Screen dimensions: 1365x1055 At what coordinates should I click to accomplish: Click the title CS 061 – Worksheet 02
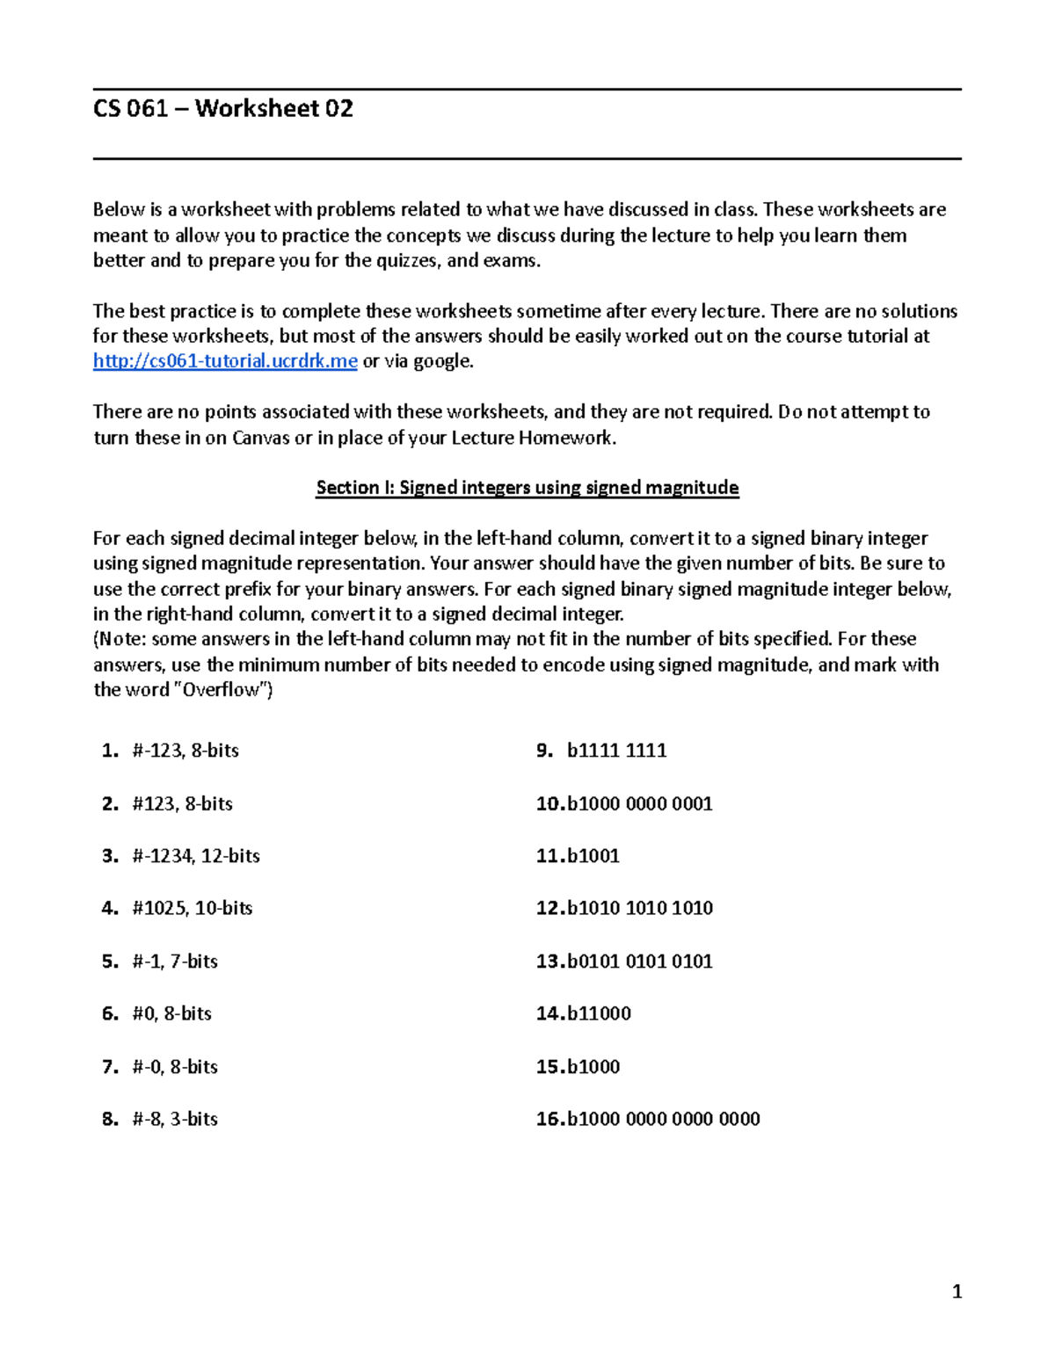click(223, 109)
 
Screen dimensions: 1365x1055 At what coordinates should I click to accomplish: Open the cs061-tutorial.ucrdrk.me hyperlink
click(225, 361)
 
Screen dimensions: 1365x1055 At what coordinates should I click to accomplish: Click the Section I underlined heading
click(527, 488)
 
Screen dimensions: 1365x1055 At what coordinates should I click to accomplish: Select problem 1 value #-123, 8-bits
click(186, 751)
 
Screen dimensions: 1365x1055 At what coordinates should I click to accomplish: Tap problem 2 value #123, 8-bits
click(182, 803)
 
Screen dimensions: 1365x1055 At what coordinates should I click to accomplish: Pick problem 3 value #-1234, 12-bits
click(196, 856)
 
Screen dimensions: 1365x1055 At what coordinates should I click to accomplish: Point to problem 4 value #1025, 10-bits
click(193, 908)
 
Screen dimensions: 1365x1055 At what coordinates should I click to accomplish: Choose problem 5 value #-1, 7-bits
click(175, 962)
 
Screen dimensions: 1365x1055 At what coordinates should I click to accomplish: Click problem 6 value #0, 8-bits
click(171, 1013)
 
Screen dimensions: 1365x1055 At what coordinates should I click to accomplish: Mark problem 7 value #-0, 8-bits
click(175, 1067)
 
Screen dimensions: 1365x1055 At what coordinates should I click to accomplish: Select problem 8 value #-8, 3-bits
click(175, 1119)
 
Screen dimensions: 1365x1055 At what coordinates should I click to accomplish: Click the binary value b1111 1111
click(616, 751)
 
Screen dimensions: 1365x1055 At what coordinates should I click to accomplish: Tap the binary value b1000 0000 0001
click(639, 803)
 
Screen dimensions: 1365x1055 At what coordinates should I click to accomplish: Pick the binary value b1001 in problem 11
click(593, 856)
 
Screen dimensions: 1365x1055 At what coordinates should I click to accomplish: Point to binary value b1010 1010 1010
click(639, 908)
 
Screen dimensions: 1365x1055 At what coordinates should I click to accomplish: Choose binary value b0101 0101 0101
click(639, 962)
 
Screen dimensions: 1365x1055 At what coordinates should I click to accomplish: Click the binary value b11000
click(599, 1013)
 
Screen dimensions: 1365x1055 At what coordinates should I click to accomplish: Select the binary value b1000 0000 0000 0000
click(663, 1119)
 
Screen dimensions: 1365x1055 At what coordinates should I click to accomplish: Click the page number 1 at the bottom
click(957, 1292)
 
